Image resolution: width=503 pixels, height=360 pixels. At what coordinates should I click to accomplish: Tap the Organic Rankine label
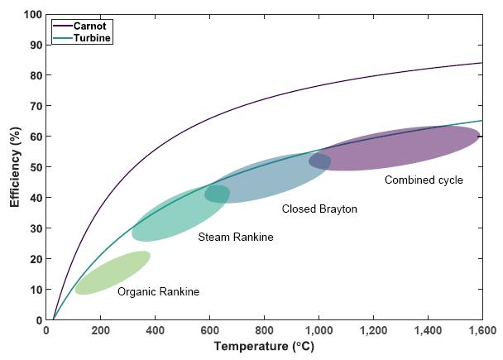pyautogui.click(x=158, y=291)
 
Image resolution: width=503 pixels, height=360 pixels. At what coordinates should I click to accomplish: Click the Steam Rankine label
pyautogui.click(x=235, y=238)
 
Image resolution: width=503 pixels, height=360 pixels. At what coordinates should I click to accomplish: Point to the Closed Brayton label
pyautogui.click(x=319, y=209)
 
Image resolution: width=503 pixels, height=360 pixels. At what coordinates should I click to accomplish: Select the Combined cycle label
pyautogui.click(x=424, y=180)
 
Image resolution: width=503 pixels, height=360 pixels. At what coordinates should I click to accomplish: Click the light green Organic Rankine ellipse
pyautogui.click(x=113, y=273)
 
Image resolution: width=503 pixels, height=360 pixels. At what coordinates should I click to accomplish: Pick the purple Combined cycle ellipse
pyautogui.click(x=397, y=149)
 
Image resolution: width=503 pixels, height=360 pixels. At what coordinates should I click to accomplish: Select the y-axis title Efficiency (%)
pyautogui.click(x=13, y=167)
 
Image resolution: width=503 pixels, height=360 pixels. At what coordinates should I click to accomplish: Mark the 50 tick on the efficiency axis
pyautogui.click(x=36, y=167)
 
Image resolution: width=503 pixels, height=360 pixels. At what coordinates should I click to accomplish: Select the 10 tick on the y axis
pyautogui.click(x=36, y=290)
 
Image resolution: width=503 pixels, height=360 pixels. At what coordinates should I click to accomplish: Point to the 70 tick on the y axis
pyautogui.click(x=36, y=106)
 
